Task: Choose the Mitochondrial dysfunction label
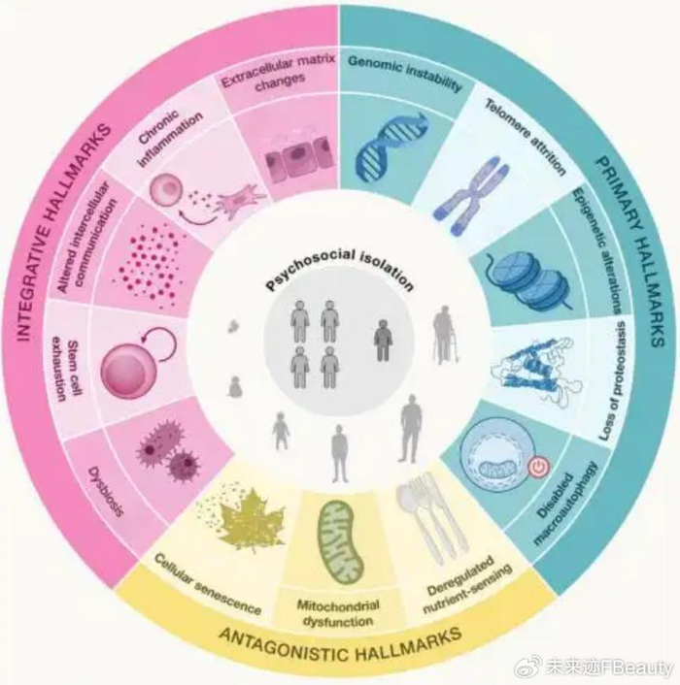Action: click(338, 613)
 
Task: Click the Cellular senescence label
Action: click(208, 583)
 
